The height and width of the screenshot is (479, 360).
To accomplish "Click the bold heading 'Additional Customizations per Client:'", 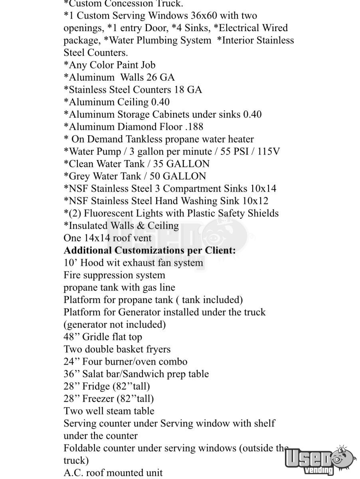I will (150, 250).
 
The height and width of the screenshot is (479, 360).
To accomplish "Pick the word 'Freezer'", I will (98, 399).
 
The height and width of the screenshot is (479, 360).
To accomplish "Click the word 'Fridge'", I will (96, 386).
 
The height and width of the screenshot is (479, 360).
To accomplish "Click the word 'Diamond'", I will (136, 127).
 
